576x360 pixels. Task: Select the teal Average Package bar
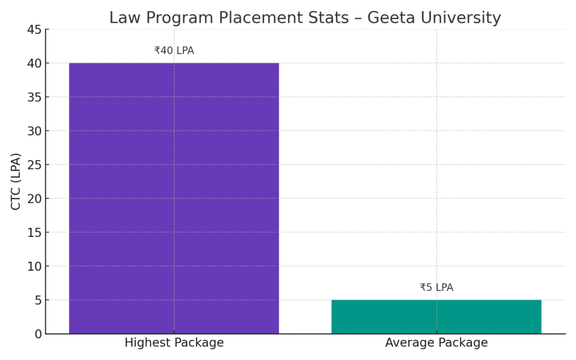[x=436, y=317]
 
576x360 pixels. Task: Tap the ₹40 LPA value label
[x=174, y=51]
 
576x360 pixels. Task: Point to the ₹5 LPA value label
[x=436, y=287]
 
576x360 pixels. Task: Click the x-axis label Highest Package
[x=174, y=343]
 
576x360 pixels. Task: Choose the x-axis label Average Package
[x=436, y=343]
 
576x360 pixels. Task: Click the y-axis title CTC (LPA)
[x=16, y=182]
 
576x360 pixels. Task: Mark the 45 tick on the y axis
[x=34, y=30]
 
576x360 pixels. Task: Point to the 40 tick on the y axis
[x=34, y=64]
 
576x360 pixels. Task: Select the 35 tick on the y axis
[x=34, y=97]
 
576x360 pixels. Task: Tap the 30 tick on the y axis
[x=34, y=131]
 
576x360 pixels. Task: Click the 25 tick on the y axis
[x=34, y=165]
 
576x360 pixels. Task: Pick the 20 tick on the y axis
[x=34, y=199]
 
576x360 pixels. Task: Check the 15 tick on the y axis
[x=34, y=232]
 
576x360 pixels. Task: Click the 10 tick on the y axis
[x=34, y=266]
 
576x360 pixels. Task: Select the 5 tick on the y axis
[x=38, y=300]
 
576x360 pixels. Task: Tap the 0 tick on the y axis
[x=38, y=334]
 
